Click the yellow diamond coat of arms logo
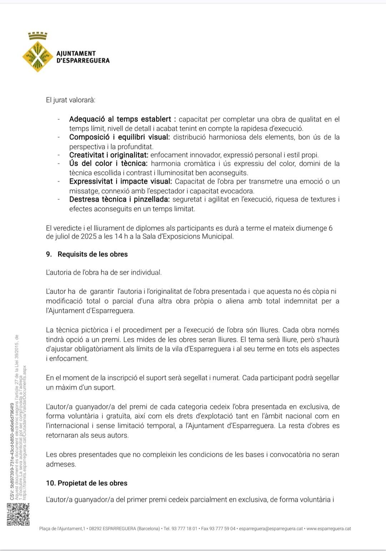[x=38, y=56]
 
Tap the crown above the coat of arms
[x=38, y=35]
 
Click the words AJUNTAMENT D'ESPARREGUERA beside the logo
[x=83, y=57]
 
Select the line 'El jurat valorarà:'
[x=70, y=100]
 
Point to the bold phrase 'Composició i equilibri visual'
[x=119, y=137]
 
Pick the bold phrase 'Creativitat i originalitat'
[x=109, y=155]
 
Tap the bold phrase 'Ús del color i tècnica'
[x=108, y=164]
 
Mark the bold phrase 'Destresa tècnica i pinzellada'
[x=119, y=199]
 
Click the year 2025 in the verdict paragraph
[x=89, y=236]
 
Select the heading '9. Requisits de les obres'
[x=87, y=254]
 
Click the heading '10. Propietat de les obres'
[x=86, y=483]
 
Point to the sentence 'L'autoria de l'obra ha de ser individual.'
[x=104, y=272]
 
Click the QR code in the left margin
[x=18, y=514]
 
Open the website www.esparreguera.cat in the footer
[x=328, y=529]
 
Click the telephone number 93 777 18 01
[x=184, y=529]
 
